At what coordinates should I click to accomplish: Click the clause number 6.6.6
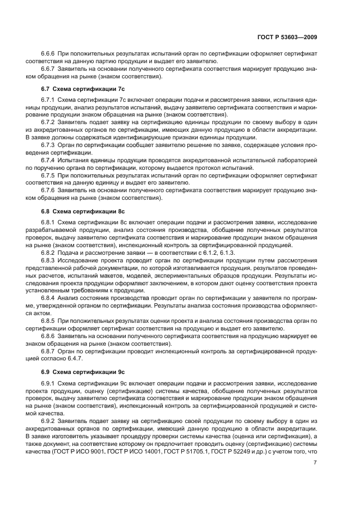(48, 55)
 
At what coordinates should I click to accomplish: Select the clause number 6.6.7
(48, 69)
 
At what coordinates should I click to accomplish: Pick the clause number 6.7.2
(48, 124)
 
